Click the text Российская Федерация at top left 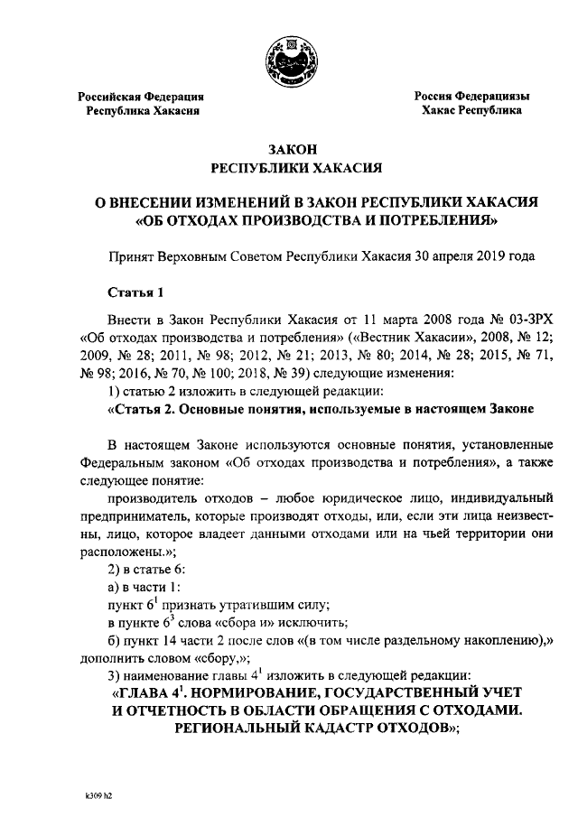coord(140,96)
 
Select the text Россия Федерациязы coord(471,96)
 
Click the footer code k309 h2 coord(91,798)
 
